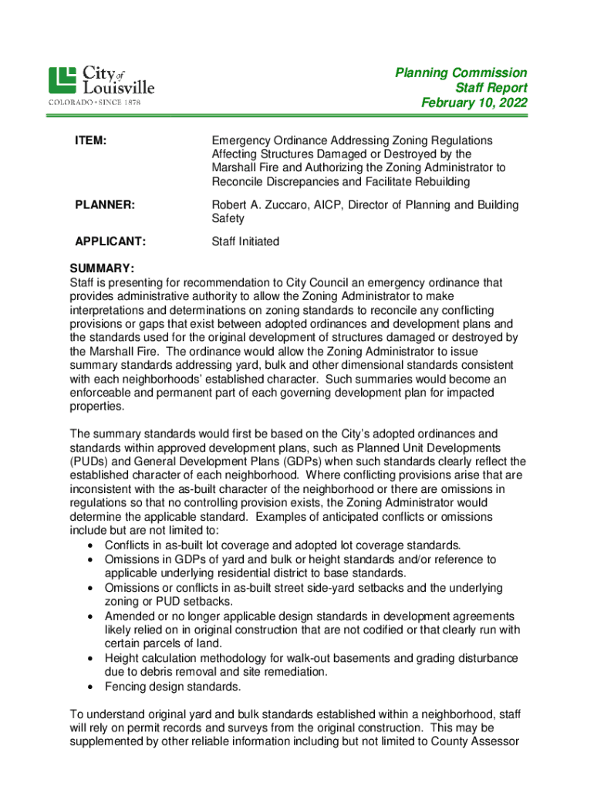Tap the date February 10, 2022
(474, 103)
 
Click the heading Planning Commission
(461, 73)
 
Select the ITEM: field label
(90, 140)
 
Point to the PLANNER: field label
(105, 204)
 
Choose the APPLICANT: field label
(110, 241)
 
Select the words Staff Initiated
(245, 241)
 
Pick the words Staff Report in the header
(491, 88)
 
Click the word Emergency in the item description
(243, 140)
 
